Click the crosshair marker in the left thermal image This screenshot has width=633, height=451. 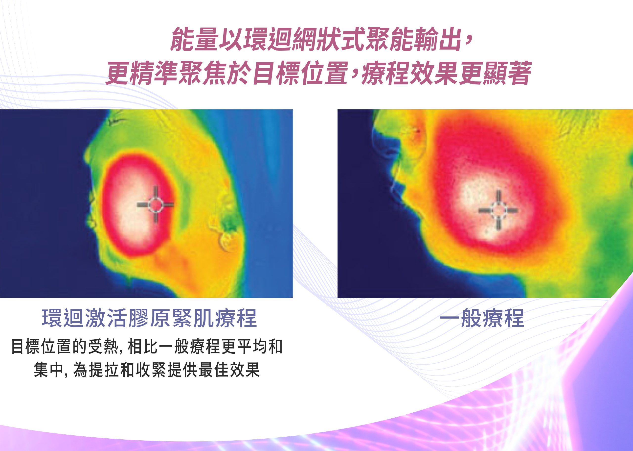click(155, 205)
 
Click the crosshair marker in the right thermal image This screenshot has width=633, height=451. click(498, 210)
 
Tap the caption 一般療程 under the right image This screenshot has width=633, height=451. click(482, 318)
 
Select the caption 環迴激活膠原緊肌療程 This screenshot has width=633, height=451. click(150, 318)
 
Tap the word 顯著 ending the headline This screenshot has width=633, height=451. click(507, 73)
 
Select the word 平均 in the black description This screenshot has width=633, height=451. click(252, 347)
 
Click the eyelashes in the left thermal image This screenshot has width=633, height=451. click(116, 121)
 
